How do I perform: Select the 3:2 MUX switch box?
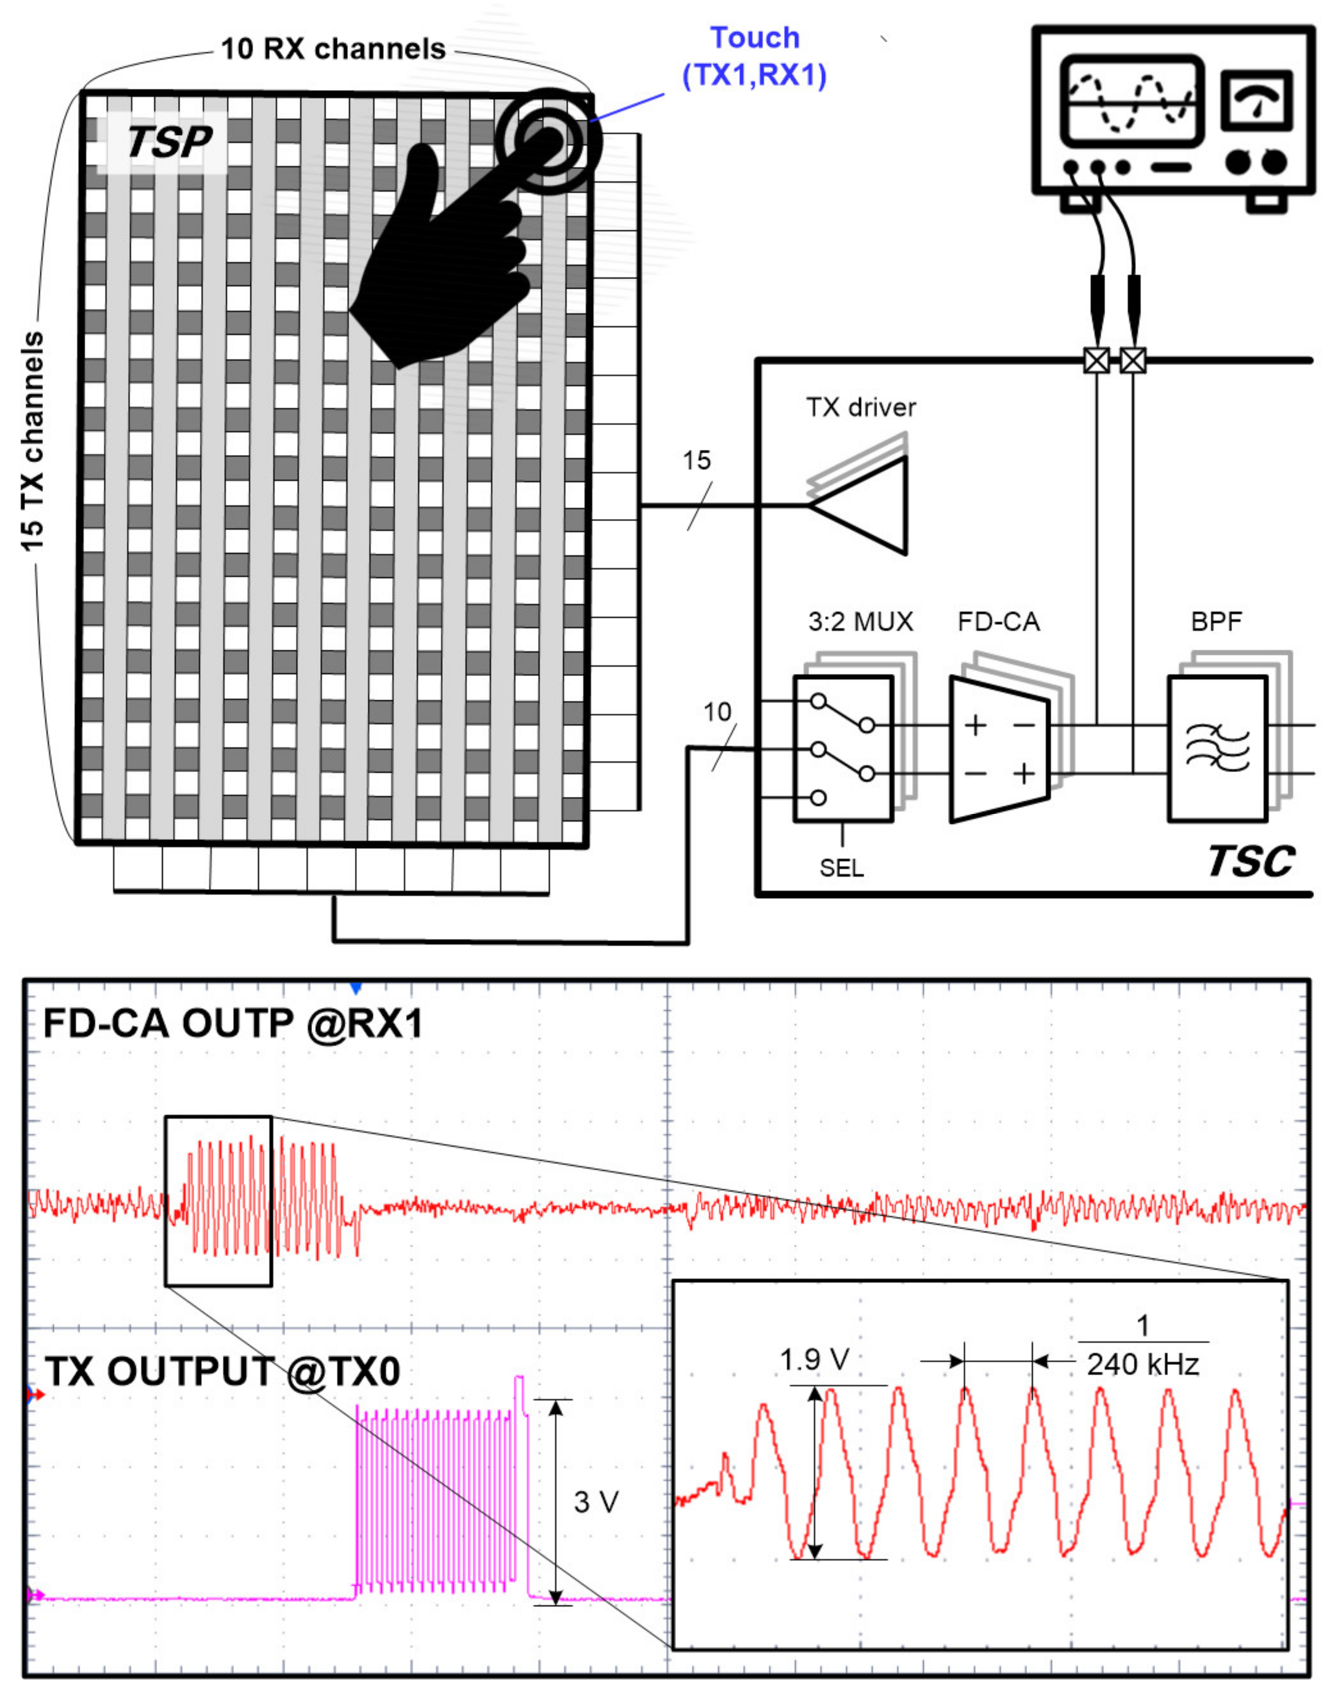pos(843,748)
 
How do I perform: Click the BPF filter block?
pos(1217,748)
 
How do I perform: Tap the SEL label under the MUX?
pos(842,868)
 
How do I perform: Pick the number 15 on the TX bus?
pos(696,461)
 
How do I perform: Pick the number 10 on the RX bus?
pos(717,712)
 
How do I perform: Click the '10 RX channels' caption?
pos(333,50)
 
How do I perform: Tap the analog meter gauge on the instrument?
pos(1256,101)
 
